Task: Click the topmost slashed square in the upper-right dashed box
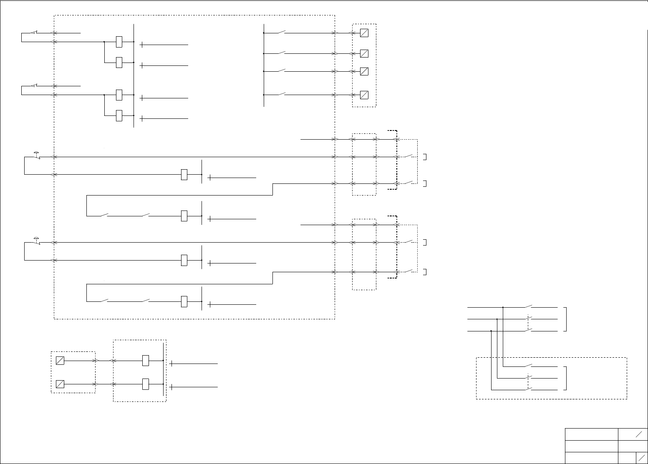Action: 364,33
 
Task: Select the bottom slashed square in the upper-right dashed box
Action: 364,95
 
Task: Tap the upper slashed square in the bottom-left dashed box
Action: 60,361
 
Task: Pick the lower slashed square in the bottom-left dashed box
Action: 60,384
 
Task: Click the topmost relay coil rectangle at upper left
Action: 119,42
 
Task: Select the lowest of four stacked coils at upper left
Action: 119,115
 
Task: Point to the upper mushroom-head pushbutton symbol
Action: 37,155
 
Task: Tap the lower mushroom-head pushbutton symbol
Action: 37,240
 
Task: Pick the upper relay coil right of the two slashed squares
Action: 146,361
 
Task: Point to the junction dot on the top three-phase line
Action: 503,307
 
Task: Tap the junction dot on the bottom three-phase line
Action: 492,331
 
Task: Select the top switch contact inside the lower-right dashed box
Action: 529,366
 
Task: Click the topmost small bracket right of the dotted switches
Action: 424,157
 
